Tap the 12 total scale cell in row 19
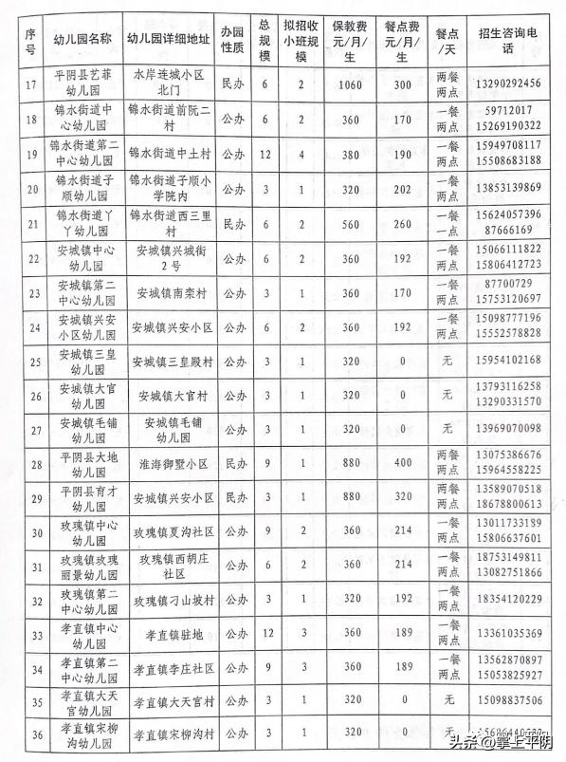click(266, 154)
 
